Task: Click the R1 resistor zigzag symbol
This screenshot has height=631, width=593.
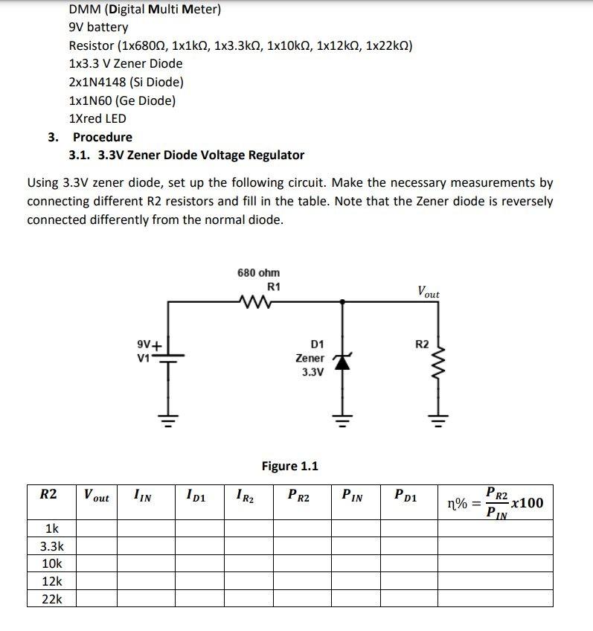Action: (257, 301)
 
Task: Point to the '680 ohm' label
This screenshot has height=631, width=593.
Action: (258, 273)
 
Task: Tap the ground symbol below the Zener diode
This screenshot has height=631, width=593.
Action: (342, 423)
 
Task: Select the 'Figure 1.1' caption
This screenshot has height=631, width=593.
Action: (289, 467)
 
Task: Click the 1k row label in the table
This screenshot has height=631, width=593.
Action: (51, 529)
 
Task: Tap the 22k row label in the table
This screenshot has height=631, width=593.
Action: (51, 599)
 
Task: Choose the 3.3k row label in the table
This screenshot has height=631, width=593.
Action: (51, 546)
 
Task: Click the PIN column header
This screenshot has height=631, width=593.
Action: (353, 495)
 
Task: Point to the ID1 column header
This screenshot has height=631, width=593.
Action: (196, 495)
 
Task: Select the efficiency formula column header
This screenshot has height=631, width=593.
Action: (495, 502)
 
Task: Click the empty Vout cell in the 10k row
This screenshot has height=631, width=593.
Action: (97, 564)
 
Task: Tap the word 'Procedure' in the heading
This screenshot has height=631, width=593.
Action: (102, 137)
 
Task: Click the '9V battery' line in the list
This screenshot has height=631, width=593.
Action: (98, 28)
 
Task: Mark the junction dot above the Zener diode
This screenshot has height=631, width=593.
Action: (342, 301)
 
